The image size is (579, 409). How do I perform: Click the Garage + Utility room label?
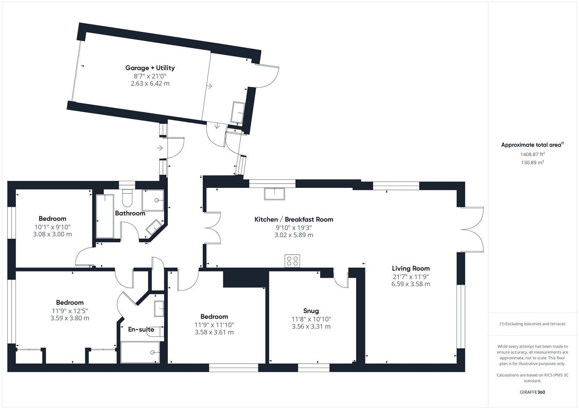150,68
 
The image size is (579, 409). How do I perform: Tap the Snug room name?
311,311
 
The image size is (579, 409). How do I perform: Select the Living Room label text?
411,269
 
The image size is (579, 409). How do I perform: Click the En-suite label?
141,329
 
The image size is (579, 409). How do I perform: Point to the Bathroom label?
130,213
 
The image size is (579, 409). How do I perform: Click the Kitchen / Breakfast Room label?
294,220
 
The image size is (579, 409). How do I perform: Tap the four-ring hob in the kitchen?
292,261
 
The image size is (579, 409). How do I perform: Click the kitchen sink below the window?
274,194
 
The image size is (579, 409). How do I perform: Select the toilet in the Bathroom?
127,198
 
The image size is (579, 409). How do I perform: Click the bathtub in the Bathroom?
105,216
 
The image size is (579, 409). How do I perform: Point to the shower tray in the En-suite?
140,353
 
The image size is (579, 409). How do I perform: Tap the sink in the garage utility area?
238,113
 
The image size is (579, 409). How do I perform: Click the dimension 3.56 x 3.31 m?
311,326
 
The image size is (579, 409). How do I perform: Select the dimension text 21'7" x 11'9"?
411,277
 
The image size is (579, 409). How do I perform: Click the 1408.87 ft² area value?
532,154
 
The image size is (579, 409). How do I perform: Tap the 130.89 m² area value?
532,162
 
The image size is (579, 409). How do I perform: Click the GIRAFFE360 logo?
532,392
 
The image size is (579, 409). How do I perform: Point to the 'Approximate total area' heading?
532,145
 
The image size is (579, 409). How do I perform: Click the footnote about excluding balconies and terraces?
532,324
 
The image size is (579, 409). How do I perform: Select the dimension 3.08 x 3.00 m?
52,234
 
